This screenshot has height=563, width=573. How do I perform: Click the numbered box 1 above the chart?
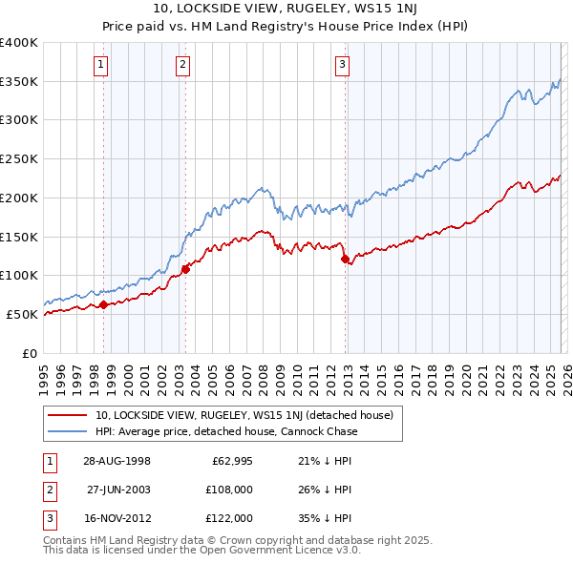click(100, 65)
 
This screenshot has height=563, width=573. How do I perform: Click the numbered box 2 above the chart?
click(181, 65)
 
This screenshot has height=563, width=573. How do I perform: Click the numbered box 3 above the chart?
click(342, 65)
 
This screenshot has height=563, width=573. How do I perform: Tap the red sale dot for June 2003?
click(186, 269)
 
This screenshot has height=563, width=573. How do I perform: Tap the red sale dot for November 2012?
click(345, 259)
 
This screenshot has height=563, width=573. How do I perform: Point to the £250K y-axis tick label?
click(19, 158)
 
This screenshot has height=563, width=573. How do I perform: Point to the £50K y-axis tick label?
click(22, 314)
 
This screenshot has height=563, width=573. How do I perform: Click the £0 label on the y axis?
click(30, 353)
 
